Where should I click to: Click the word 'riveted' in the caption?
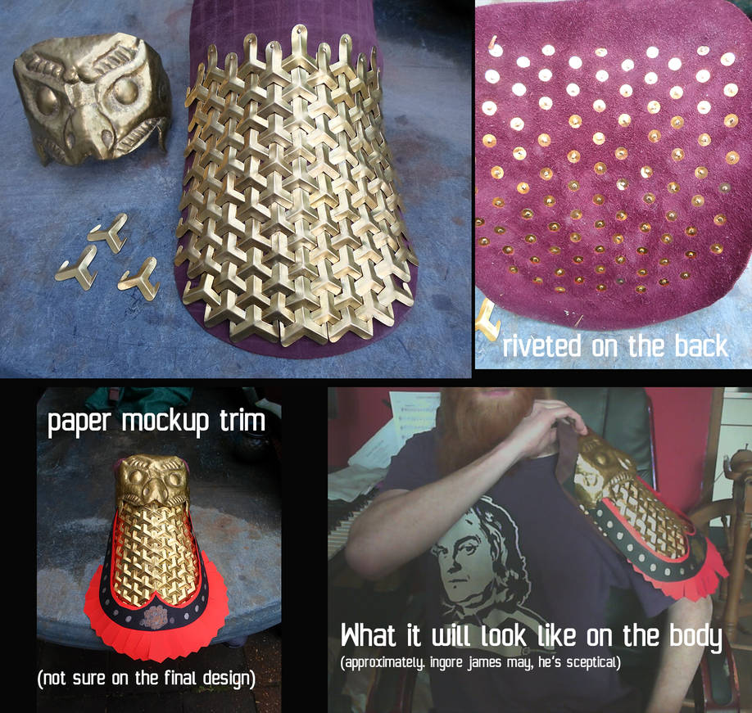(x=541, y=346)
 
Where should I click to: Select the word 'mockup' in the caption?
(x=165, y=422)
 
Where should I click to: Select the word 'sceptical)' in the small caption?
(x=594, y=663)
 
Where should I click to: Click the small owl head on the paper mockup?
(x=152, y=479)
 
